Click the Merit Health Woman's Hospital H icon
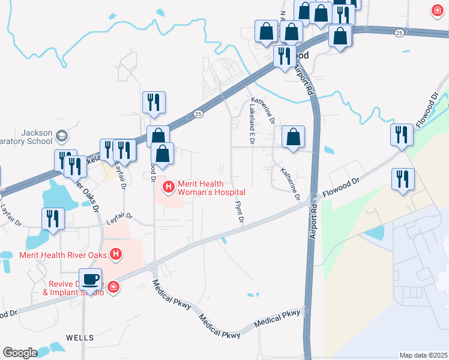point(168,187)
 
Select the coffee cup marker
point(90,280)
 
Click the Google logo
point(20,353)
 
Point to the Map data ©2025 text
point(423,355)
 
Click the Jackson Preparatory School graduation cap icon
point(61,137)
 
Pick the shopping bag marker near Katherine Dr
point(292,137)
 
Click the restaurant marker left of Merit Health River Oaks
point(53,219)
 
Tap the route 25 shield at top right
point(399,33)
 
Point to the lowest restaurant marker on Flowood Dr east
point(402,179)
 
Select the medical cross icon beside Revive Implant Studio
point(112,289)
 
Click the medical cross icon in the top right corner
point(438,10)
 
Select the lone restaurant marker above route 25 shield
point(154,103)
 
